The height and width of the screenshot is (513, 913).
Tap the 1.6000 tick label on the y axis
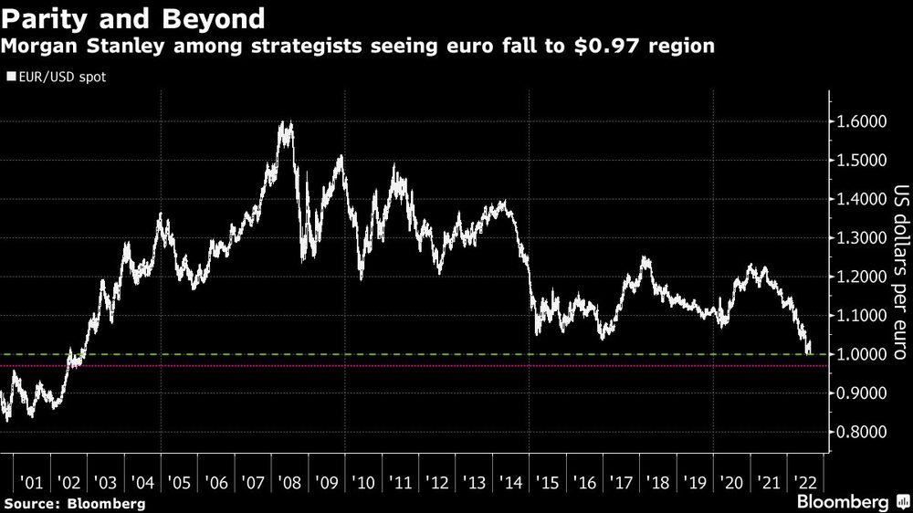pos(863,121)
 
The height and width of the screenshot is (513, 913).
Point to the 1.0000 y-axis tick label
pos(863,354)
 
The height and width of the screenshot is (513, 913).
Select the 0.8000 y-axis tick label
pos(863,432)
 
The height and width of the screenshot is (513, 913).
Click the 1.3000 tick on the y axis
pos(863,238)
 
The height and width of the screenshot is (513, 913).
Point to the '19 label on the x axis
pos(693,482)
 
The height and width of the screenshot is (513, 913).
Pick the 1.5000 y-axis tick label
pos(863,161)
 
